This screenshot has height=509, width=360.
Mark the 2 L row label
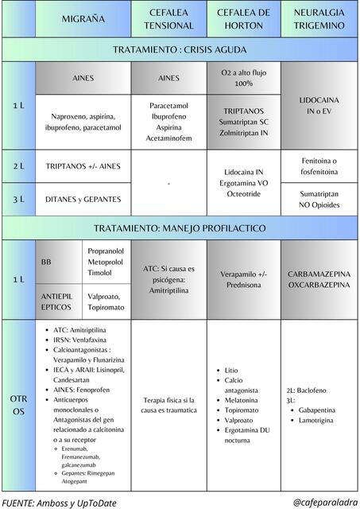18,166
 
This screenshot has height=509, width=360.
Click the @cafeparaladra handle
322,502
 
